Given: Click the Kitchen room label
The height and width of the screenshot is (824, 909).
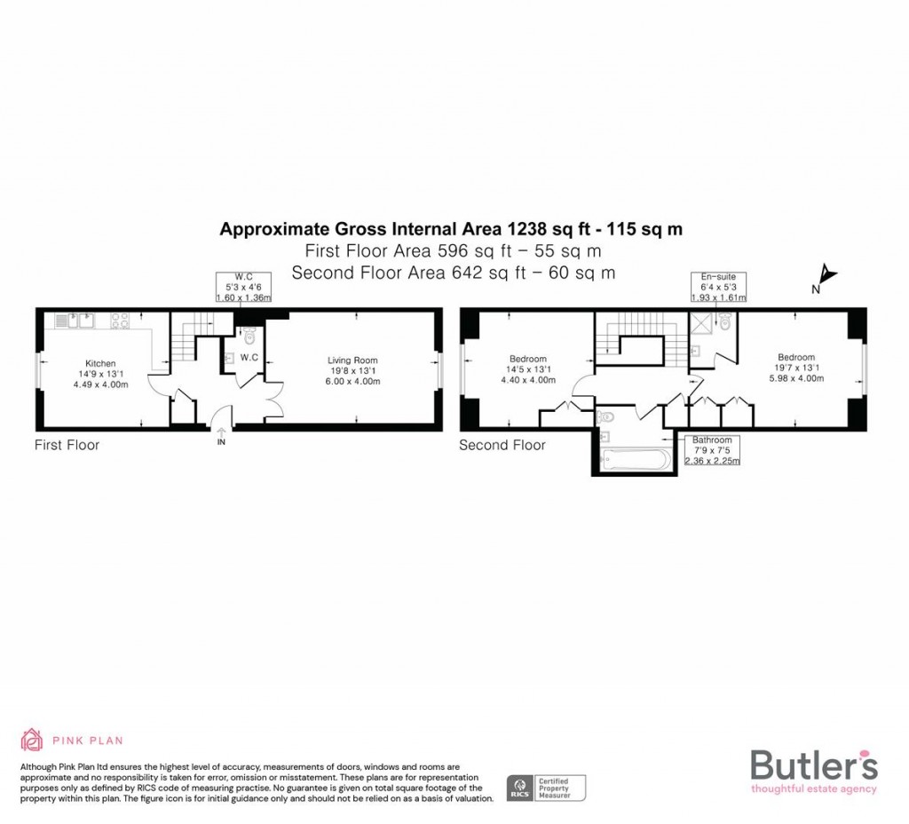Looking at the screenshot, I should [99, 374].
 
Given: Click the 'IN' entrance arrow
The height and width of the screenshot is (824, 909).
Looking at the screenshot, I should [220, 435].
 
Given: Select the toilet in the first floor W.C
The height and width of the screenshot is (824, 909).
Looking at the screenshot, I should [249, 336].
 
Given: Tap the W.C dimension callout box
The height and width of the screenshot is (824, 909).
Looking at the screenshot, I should [242, 287].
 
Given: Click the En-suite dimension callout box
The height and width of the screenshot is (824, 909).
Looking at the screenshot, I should [718, 287].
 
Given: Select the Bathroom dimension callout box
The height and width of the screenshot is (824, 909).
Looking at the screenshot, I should [712, 450].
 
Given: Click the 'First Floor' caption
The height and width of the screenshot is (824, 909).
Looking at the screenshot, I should [67, 445].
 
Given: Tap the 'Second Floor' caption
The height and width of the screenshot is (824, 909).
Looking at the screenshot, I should [502, 445].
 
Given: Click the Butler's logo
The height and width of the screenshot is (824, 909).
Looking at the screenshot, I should [813, 769].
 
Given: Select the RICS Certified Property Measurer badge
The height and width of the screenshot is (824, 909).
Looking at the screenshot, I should [546, 787].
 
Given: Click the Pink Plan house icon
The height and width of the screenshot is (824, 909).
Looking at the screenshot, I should [31, 740].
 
